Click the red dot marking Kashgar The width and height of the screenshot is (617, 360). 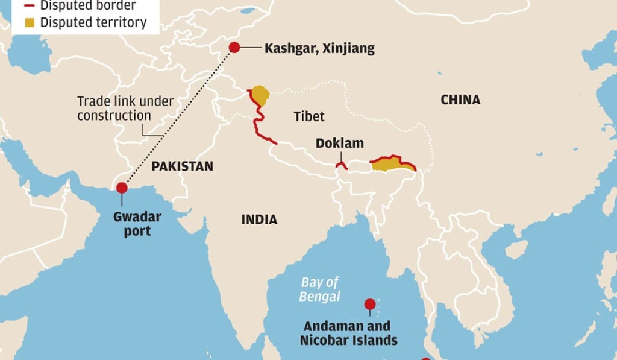click(x=234, y=48)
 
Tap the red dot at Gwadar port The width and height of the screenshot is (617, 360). click(x=122, y=188)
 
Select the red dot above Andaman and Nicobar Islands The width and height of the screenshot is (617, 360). click(x=370, y=304)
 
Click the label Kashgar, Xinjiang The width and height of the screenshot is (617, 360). click(x=319, y=48)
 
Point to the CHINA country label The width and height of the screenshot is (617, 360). click(x=460, y=99)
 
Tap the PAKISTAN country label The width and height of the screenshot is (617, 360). click(x=182, y=166)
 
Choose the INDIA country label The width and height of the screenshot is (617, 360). click(x=259, y=219)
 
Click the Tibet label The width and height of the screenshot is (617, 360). click(x=309, y=116)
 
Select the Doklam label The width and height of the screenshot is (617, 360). click(x=340, y=144)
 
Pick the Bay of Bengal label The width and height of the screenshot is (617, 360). click(x=320, y=289)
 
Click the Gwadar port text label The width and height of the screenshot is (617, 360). click(x=133, y=224)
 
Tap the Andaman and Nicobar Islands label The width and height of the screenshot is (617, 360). click(x=349, y=333)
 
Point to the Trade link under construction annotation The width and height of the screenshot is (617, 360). click(x=125, y=109)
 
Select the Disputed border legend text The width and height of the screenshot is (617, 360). click(x=87, y=6)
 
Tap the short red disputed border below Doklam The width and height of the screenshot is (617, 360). click(x=341, y=165)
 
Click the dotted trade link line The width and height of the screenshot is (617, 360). click(x=181, y=115)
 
